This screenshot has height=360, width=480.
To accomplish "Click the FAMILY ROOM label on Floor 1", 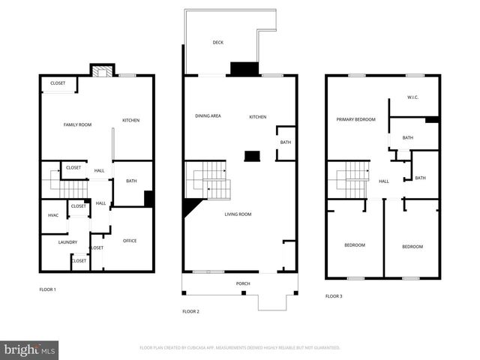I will pyautogui.click(x=77, y=124).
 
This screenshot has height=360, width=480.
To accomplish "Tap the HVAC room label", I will pyautogui.click(x=53, y=215).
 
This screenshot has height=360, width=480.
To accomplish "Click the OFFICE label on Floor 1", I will pyautogui.click(x=130, y=241).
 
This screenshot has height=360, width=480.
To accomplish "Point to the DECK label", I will pyautogui.click(x=218, y=43).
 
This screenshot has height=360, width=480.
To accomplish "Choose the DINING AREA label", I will pyautogui.click(x=208, y=116).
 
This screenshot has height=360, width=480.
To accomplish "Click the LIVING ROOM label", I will pyautogui.click(x=238, y=214).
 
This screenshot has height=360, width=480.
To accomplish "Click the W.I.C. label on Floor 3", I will pyautogui.click(x=412, y=97).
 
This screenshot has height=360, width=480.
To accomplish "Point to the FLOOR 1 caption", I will pyautogui.click(x=48, y=289).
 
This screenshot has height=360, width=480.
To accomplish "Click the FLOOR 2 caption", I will pyautogui.click(x=190, y=310).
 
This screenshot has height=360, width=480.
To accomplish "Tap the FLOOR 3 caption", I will pyautogui.click(x=334, y=296).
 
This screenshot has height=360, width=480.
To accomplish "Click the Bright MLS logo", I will pyautogui.click(x=29, y=349).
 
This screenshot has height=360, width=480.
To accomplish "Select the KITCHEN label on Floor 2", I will pyautogui.click(x=258, y=116).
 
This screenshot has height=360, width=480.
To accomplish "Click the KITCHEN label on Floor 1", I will pyautogui.click(x=131, y=121).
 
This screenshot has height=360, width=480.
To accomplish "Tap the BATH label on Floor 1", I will pyautogui.click(x=131, y=181).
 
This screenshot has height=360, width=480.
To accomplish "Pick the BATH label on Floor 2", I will pyautogui.click(x=286, y=142).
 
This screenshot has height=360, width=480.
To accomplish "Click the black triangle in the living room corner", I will pyautogui.click(x=189, y=206).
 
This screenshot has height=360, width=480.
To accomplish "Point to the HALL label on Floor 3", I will pyautogui.click(x=383, y=181).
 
